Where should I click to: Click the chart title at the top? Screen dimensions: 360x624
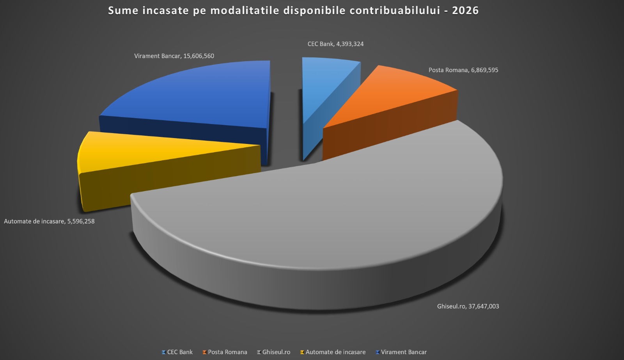(293, 11)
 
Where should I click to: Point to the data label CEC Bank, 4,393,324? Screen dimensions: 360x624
(335, 44)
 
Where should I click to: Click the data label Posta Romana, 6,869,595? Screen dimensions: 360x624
(463, 70)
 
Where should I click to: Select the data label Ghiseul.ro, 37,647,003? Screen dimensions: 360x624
(468, 307)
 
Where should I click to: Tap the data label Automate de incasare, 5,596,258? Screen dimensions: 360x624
(49, 222)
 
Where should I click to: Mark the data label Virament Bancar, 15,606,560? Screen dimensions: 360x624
(174, 56)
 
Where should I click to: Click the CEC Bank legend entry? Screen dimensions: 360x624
(180, 352)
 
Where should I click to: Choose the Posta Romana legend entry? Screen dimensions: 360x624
(227, 352)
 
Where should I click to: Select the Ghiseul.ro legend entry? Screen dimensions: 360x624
(276, 352)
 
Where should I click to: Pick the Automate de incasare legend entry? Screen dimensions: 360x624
(335, 352)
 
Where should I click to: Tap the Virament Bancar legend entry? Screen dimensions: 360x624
(404, 352)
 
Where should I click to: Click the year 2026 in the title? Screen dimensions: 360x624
(465, 11)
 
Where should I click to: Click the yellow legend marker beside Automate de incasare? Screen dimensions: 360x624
(302, 352)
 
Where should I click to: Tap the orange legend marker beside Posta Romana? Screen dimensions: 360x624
(204, 352)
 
